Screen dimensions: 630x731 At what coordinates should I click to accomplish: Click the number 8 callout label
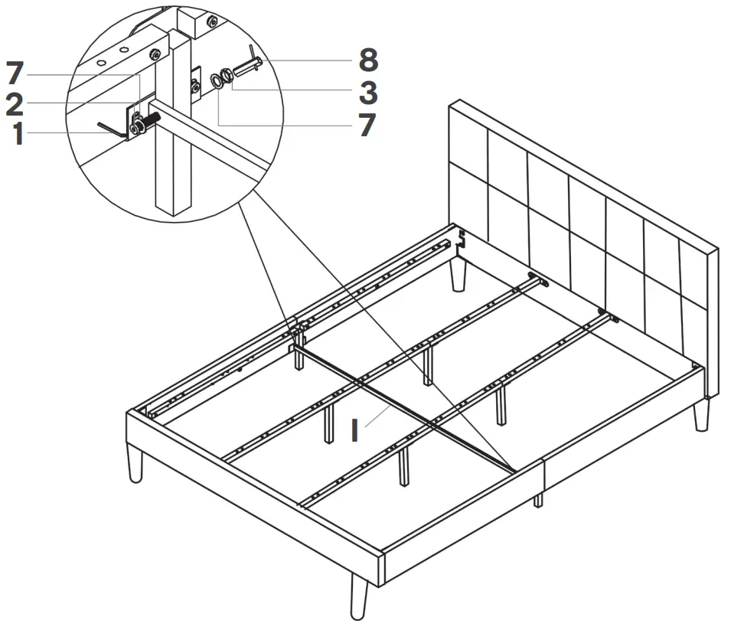367,60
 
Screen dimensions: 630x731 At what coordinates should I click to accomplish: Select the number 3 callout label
367,93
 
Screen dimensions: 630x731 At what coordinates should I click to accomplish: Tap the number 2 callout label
14,105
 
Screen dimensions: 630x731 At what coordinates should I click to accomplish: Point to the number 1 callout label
16,135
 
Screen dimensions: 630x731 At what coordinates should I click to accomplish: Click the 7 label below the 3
367,125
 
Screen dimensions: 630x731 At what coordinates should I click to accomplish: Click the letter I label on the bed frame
354,430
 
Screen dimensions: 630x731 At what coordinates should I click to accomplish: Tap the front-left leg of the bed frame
135,465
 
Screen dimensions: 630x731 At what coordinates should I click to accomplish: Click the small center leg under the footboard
538,500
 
